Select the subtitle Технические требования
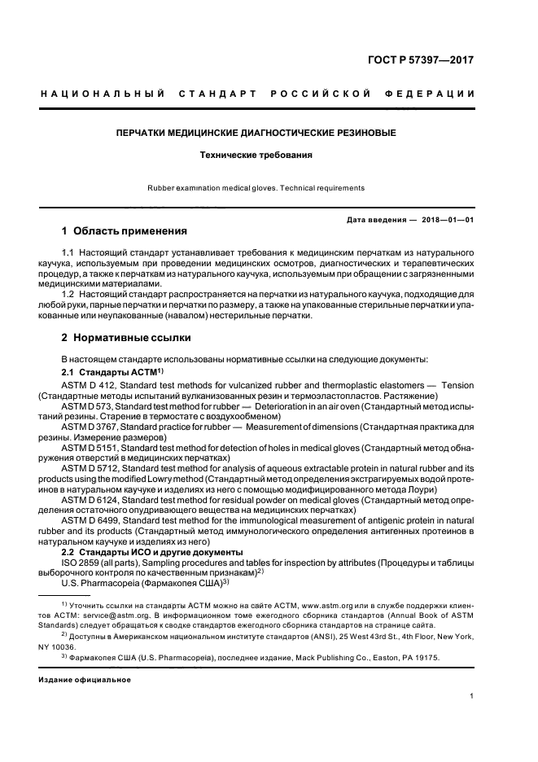pos(256,154)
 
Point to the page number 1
pos(472,696)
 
